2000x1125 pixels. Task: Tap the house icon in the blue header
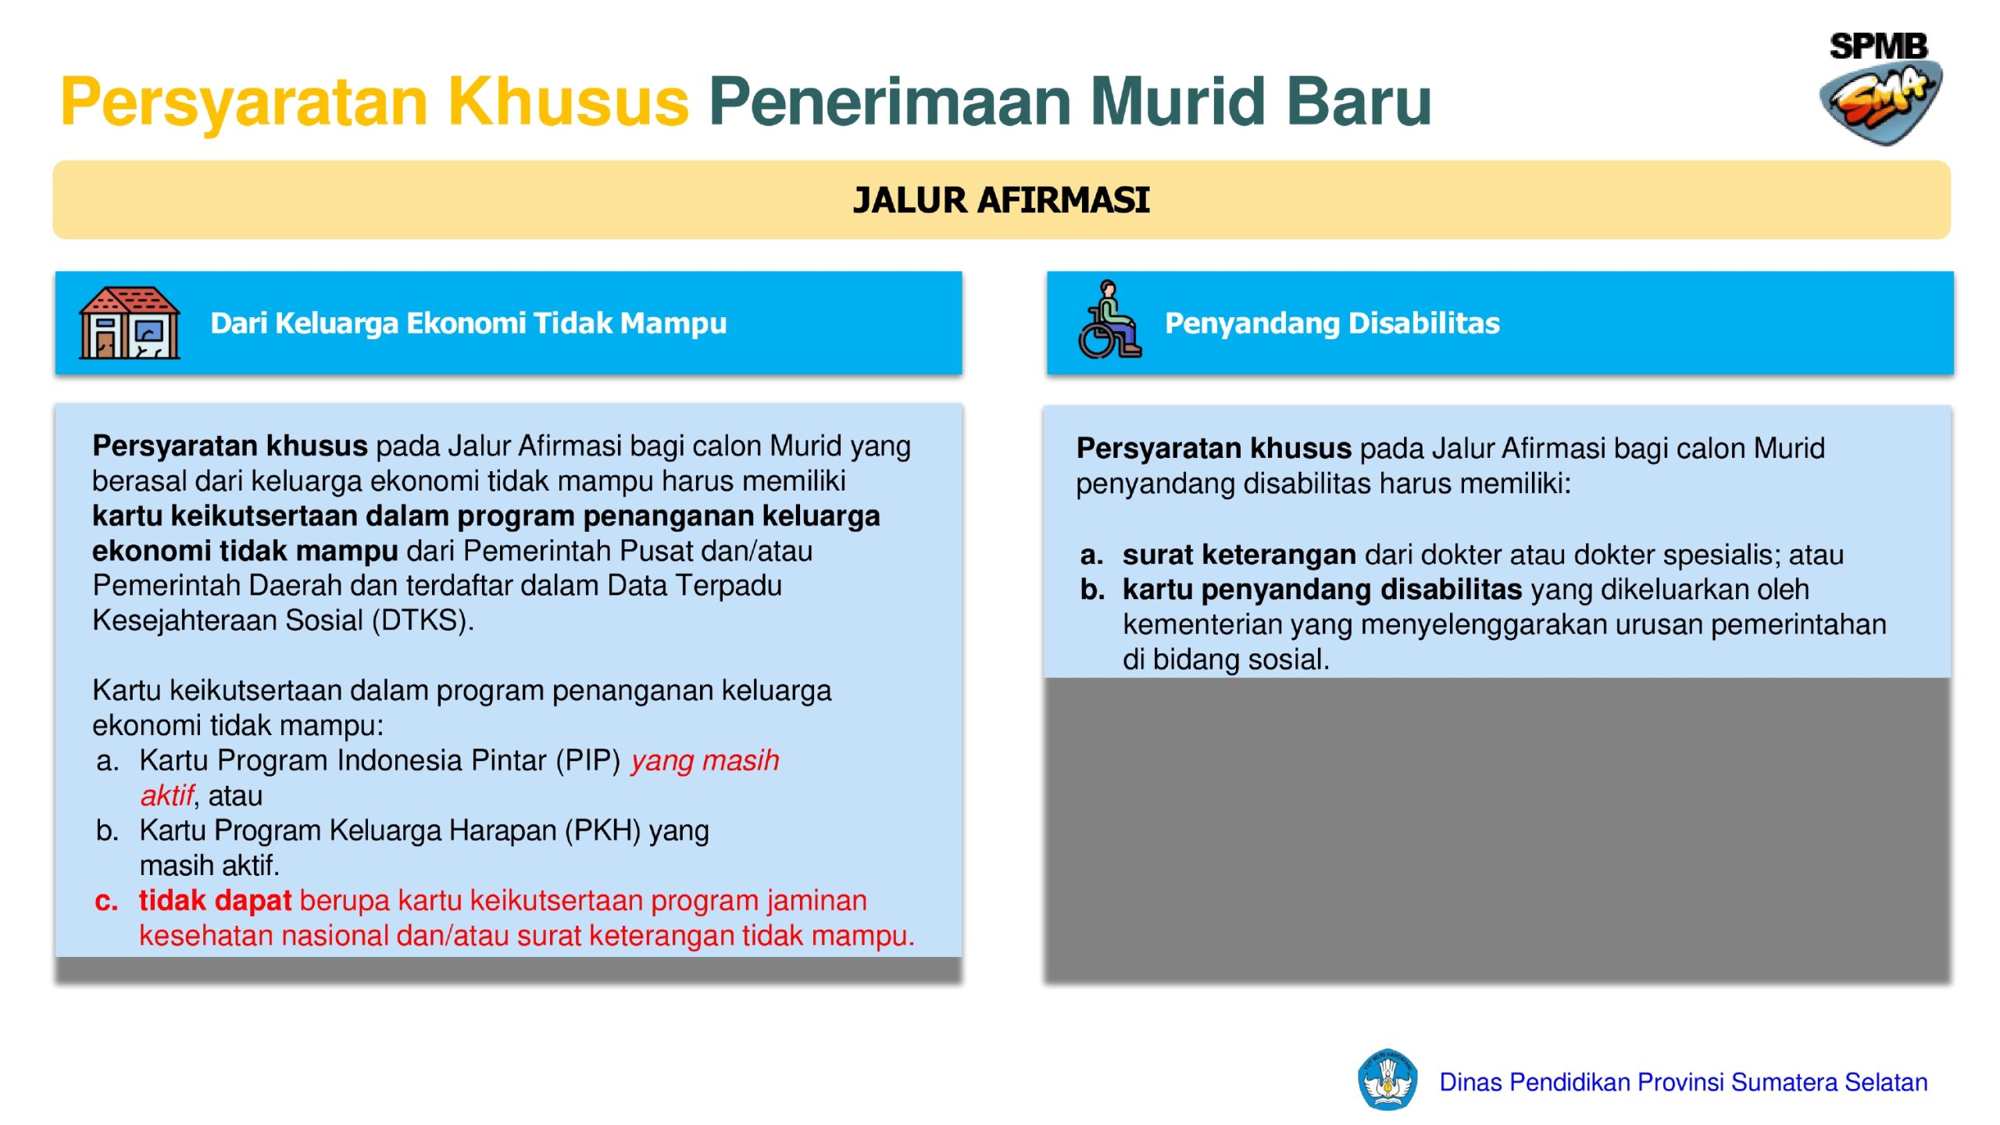click(130, 323)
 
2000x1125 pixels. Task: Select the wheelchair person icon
click(1109, 320)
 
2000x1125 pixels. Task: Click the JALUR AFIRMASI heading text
click(1001, 200)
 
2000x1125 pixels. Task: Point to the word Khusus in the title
click(568, 102)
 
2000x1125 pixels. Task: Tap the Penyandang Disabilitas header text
click(1332, 323)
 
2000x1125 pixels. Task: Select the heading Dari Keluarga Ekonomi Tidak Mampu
click(469, 323)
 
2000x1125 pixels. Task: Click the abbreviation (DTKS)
click(423, 620)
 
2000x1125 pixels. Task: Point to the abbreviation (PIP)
click(587, 760)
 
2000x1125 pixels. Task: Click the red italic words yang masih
click(705, 760)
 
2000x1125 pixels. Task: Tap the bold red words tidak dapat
click(215, 901)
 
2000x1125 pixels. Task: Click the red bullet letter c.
click(106, 902)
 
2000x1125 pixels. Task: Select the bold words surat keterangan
click(1239, 555)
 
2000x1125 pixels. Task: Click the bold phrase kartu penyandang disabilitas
click(1322, 590)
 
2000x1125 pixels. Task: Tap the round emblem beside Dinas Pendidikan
click(1387, 1080)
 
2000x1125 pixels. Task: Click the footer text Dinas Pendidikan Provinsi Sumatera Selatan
click(1684, 1082)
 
